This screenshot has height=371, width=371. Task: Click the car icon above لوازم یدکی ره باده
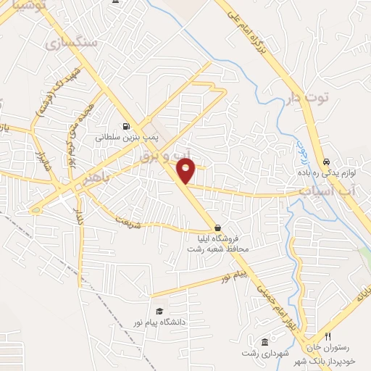(327, 160)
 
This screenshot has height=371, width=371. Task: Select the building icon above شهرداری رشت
(265, 341)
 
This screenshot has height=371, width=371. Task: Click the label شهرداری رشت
(265, 353)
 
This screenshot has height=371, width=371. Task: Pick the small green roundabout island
(36, 210)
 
